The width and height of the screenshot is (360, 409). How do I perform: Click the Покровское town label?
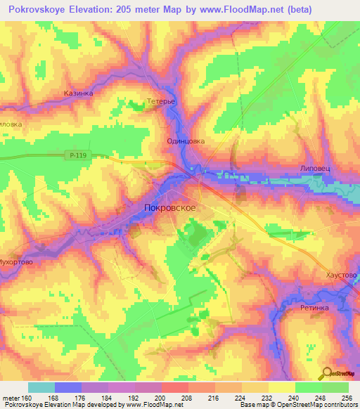[169, 208]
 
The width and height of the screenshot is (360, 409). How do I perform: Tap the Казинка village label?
[78, 93]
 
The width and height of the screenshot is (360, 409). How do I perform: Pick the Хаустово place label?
[342, 275]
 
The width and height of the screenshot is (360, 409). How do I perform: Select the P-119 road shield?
[79, 155]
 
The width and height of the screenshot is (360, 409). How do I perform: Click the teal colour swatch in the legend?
[41, 387]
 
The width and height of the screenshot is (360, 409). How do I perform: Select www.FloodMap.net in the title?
[231, 9]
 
